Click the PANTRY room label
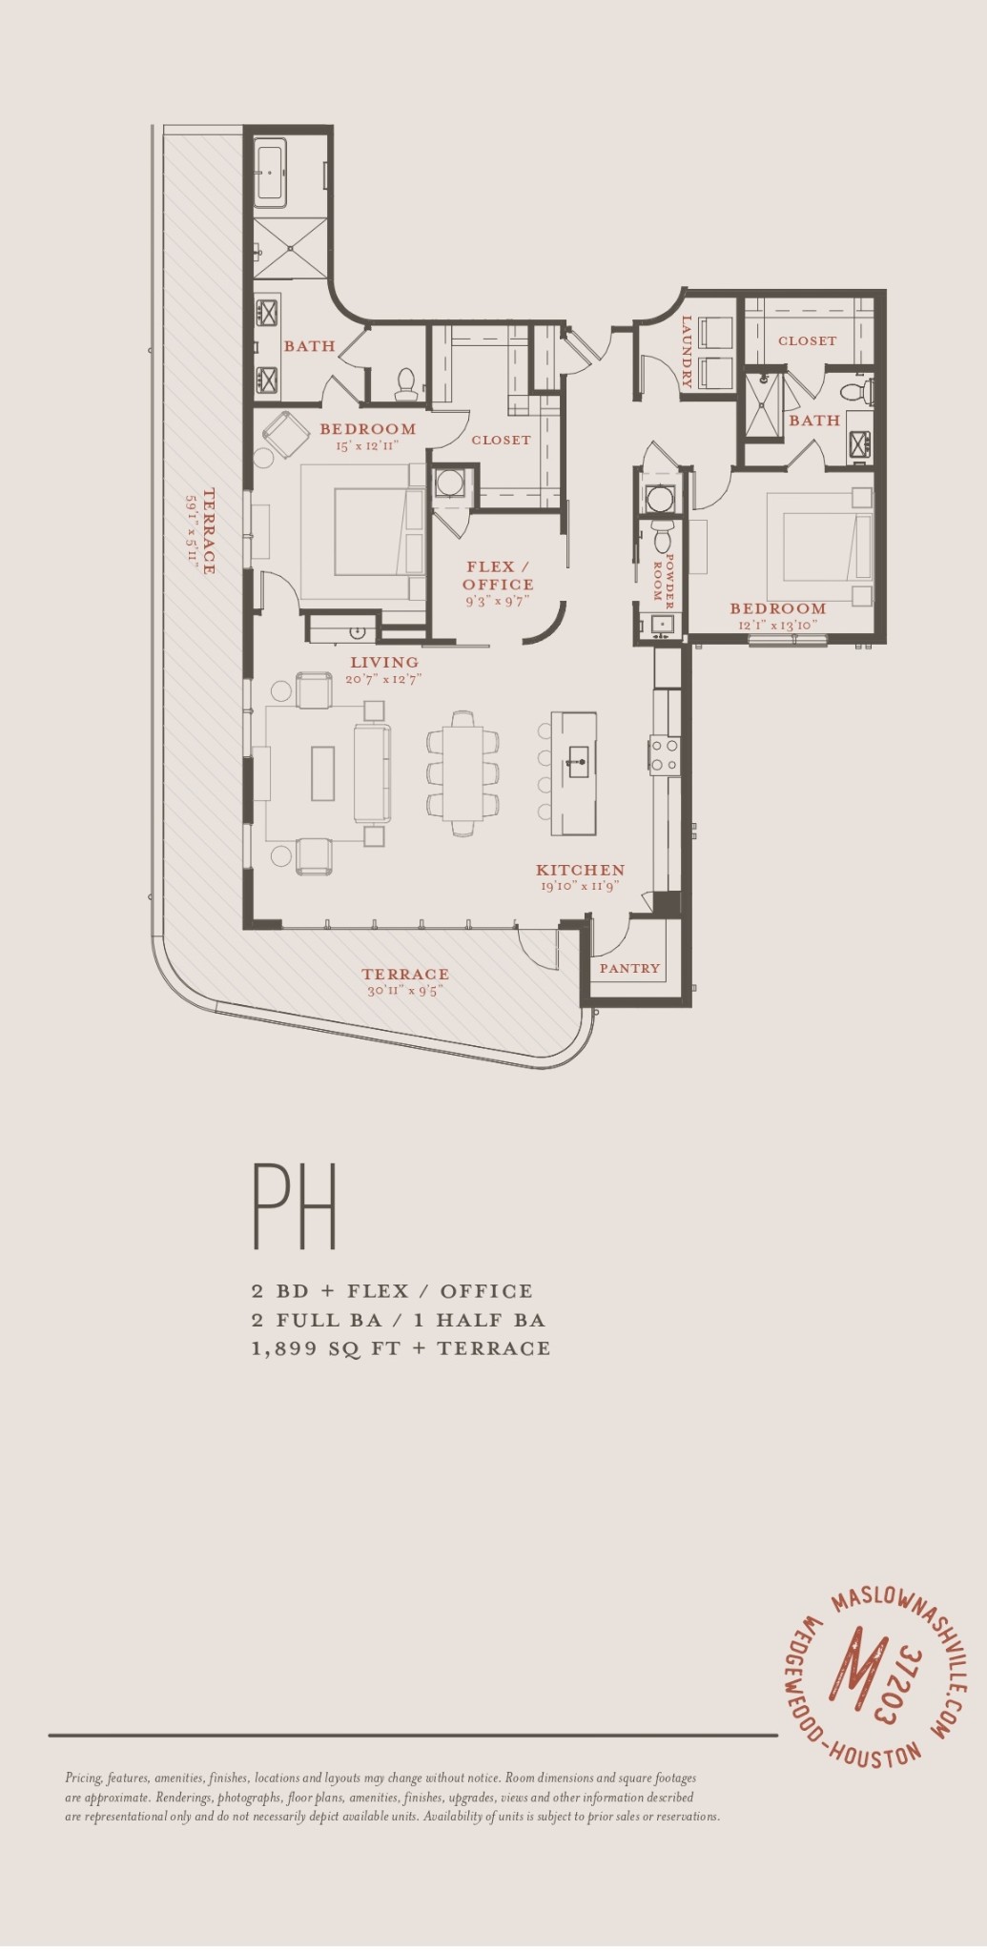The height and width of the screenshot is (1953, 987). click(629, 968)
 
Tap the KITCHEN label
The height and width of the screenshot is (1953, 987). click(580, 870)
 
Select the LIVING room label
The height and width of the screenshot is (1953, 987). click(384, 662)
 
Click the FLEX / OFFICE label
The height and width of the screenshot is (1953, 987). click(498, 575)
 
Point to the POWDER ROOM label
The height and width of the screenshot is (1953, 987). click(663, 582)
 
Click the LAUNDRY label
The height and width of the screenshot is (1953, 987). click(686, 352)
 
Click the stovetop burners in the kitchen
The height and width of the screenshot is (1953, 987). click(665, 753)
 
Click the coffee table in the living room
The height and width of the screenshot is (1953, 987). click(322, 772)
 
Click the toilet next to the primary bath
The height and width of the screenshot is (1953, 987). click(406, 383)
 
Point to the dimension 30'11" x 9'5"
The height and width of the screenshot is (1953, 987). click(405, 991)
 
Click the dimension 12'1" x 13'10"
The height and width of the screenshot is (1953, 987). click(777, 626)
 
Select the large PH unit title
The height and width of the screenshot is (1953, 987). click(295, 1205)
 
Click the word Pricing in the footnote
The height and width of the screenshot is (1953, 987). click(83, 1778)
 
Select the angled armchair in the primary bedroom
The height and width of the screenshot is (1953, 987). click(283, 434)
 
